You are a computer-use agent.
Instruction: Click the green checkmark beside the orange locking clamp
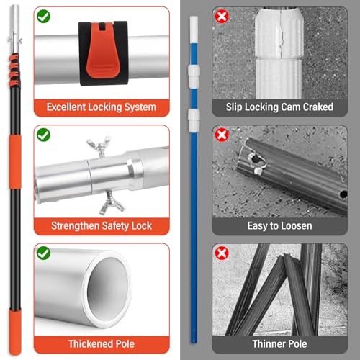tap(43, 17)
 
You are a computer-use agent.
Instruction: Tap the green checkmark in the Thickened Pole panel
tap(43, 253)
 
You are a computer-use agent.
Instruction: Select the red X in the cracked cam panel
tap(222, 17)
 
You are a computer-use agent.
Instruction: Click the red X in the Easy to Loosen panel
tap(222, 135)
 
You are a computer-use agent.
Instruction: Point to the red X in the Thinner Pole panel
tap(222, 253)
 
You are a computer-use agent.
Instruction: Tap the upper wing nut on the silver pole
tap(99, 146)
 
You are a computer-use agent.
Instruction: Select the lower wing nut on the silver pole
tap(112, 203)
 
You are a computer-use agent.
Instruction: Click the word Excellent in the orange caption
tap(66, 107)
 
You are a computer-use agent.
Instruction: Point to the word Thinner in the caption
tap(269, 344)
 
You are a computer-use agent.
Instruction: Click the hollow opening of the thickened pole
tap(107, 288)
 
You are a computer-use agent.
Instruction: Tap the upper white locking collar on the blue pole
tap(194, 76)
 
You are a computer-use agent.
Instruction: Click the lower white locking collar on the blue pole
tap(194, 120)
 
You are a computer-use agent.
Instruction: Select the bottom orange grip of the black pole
tap(15, 332)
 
